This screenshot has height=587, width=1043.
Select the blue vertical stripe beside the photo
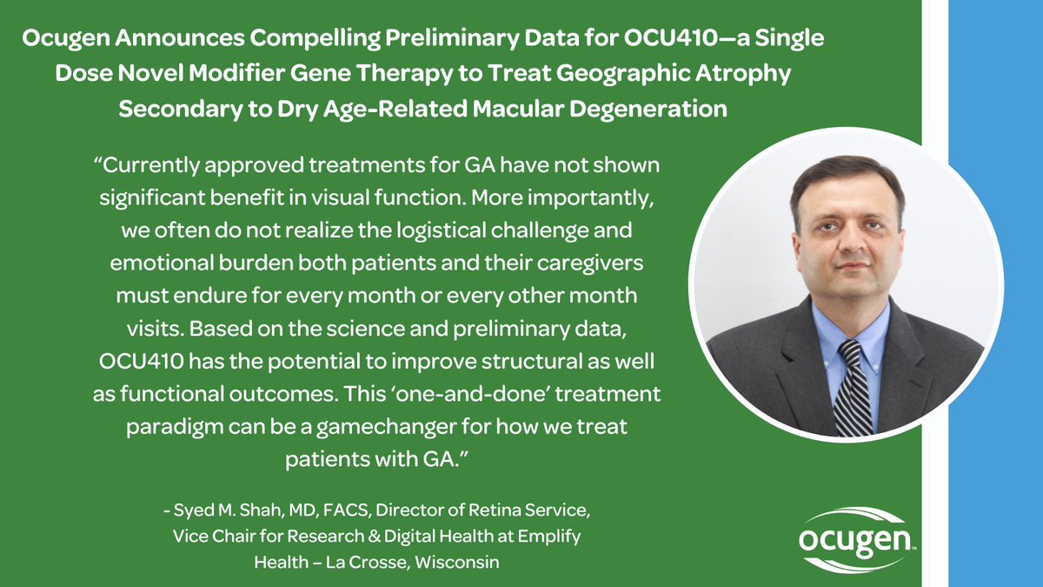[995, 293]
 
